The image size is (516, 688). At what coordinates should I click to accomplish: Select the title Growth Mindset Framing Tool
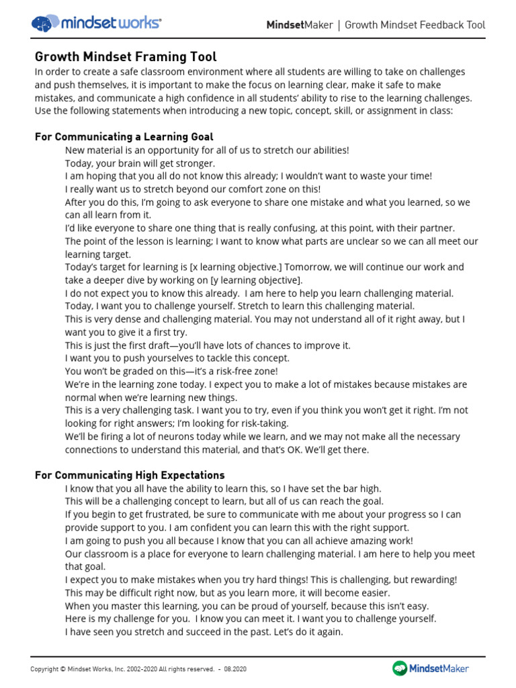pos(126,57)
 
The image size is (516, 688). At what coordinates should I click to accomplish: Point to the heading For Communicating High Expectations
pos(130,475)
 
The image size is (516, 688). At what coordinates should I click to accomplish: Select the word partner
pos(437,228)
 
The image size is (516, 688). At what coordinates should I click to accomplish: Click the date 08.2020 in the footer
pos(234,669)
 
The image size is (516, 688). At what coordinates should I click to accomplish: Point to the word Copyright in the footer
pos(44,669)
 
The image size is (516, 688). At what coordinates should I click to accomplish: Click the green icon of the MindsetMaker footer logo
pos(400,668)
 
